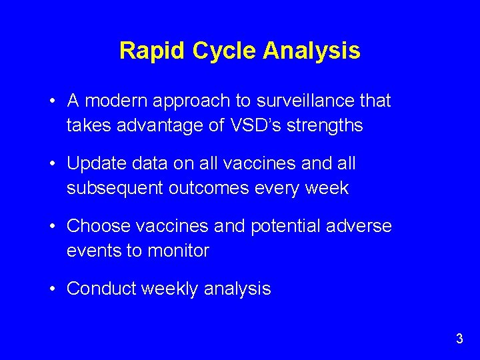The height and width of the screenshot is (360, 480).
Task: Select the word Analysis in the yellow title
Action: (x=312, y=51)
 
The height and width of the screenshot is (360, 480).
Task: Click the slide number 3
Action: (x=459, y=339)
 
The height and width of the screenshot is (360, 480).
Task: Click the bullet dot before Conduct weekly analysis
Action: (x=53, y=289)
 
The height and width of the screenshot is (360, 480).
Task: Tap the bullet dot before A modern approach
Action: (x=53, y=101)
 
